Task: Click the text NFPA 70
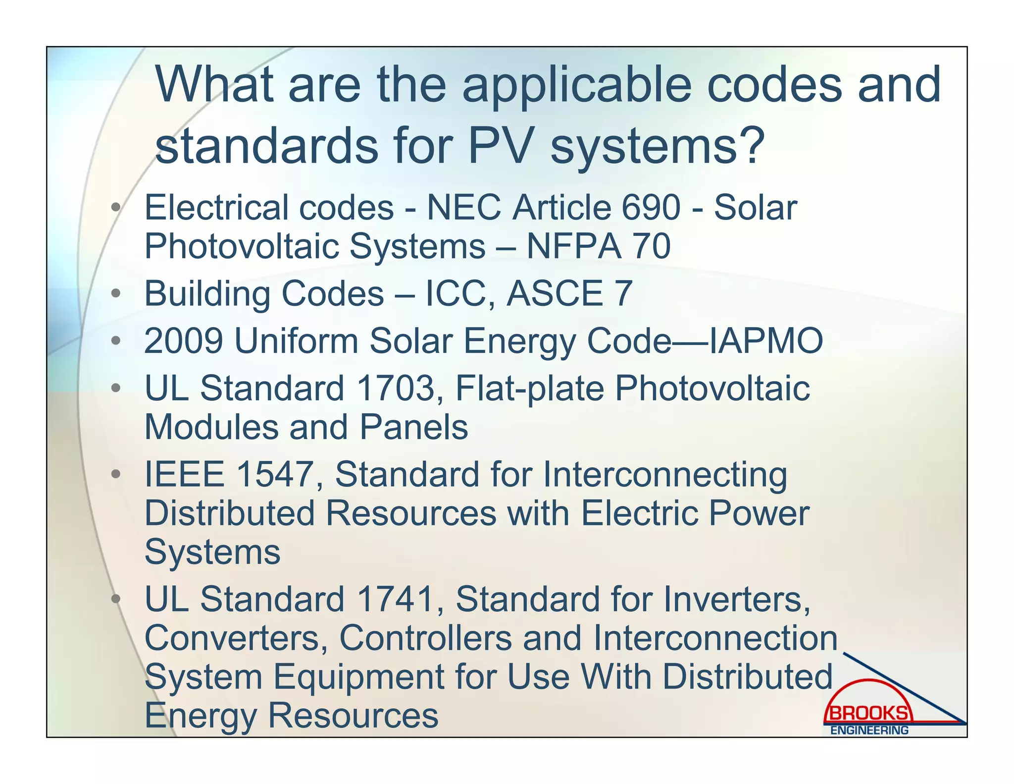(x=598, y=246)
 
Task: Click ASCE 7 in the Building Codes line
(x=569, y=293)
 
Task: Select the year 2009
(x=183, y=341)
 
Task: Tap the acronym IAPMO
(x=766, y=341)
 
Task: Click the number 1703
(x=395, y=388)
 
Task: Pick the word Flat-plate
(x=529, y=388)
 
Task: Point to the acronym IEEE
(x=184, y=474)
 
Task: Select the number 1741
(x=395, y=599)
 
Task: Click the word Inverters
(x=737, y=599)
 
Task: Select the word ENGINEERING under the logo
(x=869, y=730)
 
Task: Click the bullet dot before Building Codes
(x=115, y=294)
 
